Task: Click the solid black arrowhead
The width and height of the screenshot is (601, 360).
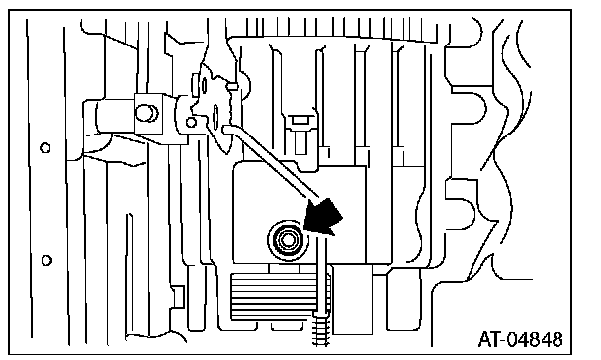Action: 323,217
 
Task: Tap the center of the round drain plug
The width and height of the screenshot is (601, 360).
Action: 287,240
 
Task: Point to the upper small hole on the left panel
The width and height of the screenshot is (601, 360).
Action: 45,148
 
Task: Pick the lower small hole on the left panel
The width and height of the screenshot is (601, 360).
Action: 46,261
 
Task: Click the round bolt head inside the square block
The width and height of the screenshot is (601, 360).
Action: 147,113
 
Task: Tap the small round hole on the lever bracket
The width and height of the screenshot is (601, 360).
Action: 191,123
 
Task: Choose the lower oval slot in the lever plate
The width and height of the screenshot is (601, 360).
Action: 215,115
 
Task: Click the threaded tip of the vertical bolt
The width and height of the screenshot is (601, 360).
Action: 321,329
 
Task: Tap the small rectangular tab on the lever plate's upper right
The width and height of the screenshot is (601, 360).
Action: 232,87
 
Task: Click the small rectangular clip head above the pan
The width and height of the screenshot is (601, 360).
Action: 300,120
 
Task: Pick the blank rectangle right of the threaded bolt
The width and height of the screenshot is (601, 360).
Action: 353,299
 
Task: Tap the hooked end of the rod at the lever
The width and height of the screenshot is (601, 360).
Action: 228,130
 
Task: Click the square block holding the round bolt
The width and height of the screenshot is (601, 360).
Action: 148,114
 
